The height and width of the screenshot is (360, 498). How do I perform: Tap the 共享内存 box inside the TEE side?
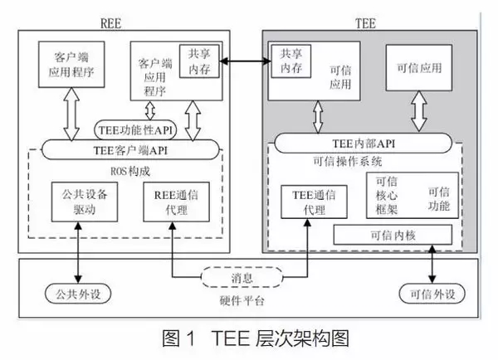click(x=286, y=57)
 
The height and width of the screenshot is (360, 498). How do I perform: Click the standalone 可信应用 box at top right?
click(x=418, y=66)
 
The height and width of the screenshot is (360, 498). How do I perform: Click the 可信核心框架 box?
click(x=388, y=196)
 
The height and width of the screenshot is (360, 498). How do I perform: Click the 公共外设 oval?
click(x=66, y=294)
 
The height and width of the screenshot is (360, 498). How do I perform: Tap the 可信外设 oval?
click(x=432, y=294)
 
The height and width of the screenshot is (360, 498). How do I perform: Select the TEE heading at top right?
click(x=383, y=23)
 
